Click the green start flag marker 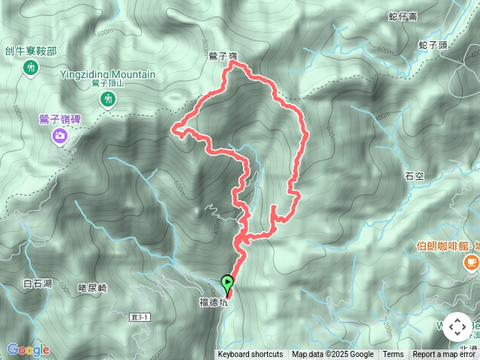tap(227, 283)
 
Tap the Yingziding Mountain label tap(108, 74)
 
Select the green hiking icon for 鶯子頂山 tap(108, 99)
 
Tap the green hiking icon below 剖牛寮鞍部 tap(31, 69)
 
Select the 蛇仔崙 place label tap(403, 15)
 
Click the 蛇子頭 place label tap(433, 45)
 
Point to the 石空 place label tap(415, 176)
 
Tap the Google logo tap(28, 349)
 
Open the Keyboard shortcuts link tap(250, 355)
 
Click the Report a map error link tap(445, 355)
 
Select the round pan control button tap(457, 328)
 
